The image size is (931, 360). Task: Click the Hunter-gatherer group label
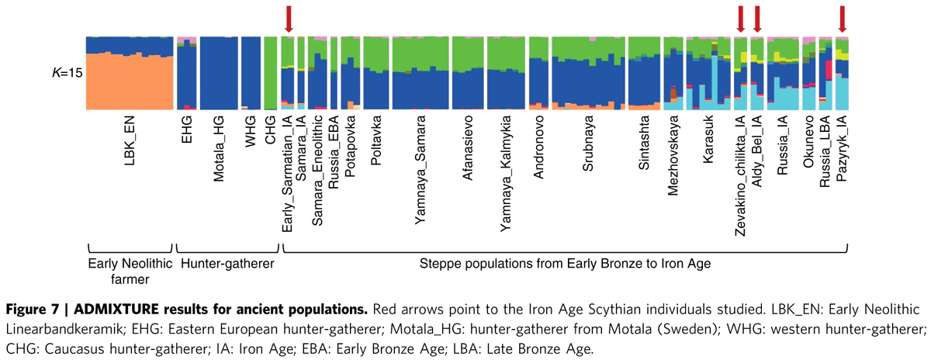click(x=227, y=264)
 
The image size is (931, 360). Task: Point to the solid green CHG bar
click(x=270, y=73)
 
